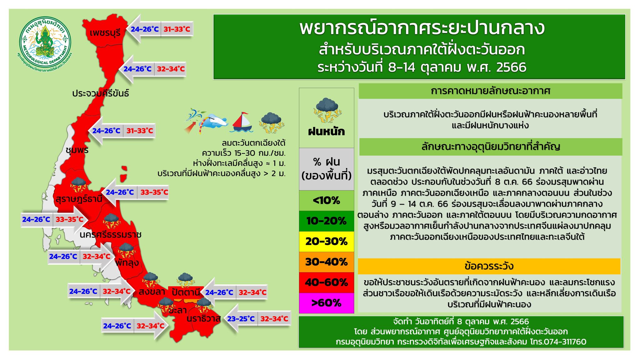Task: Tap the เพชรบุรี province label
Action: click(105, 32)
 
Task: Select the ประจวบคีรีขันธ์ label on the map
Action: click(101, 93)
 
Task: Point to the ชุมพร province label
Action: click(77, 150)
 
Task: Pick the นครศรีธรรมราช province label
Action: click(111, 234)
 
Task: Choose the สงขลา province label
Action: click(152, 292)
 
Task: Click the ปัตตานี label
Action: click(186, 292)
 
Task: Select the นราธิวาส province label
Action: click(204, 318)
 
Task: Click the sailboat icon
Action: click(242, 122)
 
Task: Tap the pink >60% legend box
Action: click(327, 303)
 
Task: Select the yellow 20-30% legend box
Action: click(327, 241)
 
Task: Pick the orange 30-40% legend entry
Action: click(327, 262)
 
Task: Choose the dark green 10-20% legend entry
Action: click(327, 221)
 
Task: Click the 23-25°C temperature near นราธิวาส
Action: click(241, 319)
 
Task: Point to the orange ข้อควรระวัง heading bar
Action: click(489, 266)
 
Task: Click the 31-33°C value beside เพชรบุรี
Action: click(177, 29)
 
